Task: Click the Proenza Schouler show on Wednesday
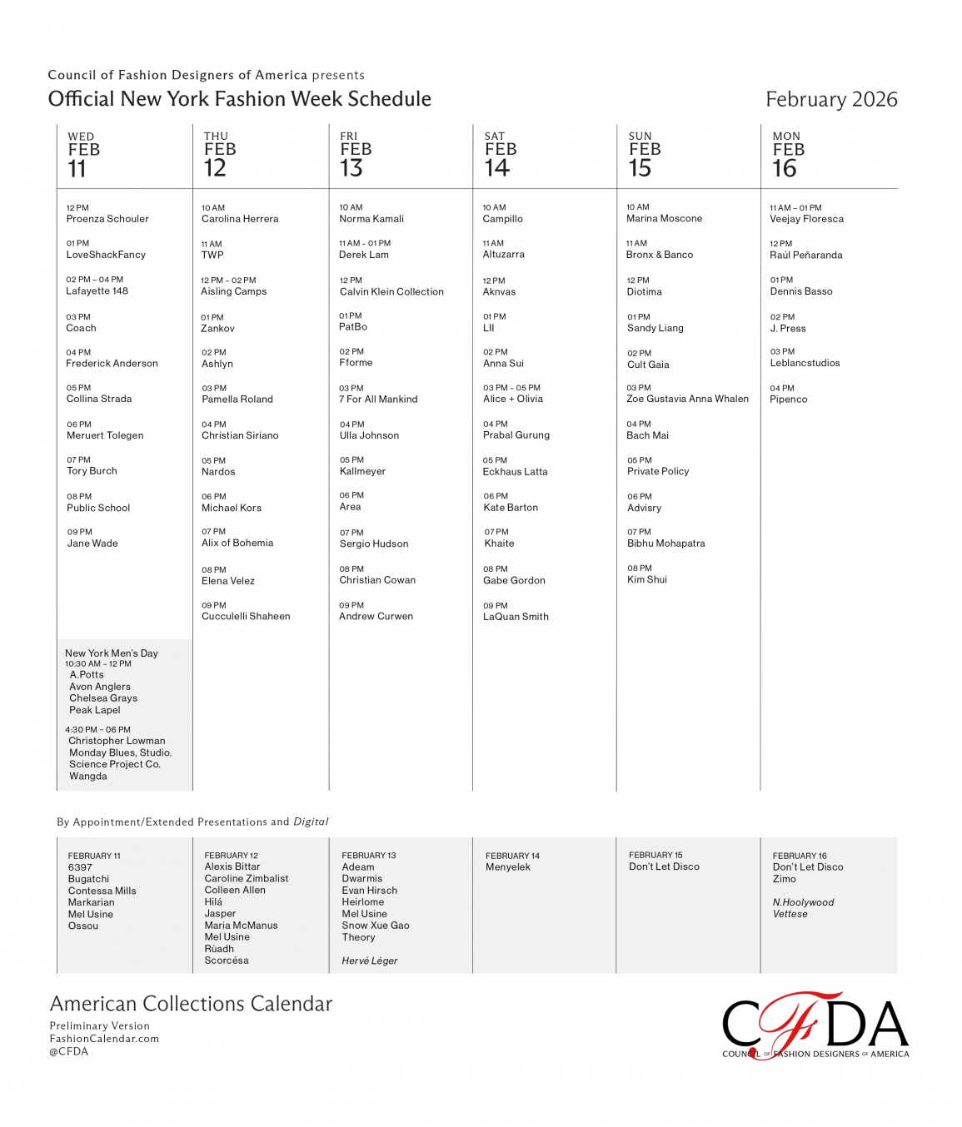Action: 107,219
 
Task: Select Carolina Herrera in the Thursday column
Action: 240,219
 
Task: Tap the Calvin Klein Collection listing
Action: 391,291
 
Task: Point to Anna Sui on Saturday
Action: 503,363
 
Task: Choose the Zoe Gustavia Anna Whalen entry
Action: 687,399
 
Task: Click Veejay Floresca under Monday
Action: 806,219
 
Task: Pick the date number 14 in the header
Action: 497,168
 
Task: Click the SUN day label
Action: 640,137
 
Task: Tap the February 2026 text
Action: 831,100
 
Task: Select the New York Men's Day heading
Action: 112,653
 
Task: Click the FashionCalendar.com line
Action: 104,1039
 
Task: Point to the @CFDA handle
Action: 69,1051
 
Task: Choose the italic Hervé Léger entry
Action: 370,961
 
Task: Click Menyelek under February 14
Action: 508,867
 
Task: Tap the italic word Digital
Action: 311,822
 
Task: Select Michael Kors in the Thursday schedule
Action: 232,508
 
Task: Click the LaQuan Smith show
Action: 516,617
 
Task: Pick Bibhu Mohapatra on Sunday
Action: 666,544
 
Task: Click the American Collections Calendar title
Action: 191,1004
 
